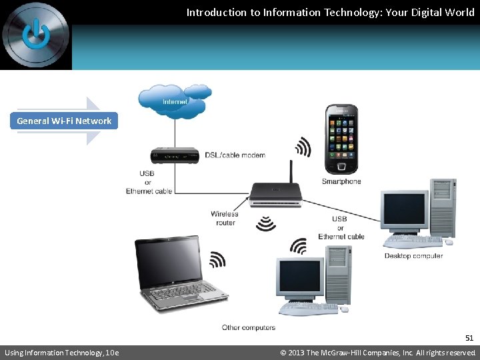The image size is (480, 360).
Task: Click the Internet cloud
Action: click(175, 100)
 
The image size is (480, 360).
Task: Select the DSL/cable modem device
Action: click(175, 155)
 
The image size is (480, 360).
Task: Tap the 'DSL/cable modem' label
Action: click(235, 155)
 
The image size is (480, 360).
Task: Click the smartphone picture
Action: click(341, 139)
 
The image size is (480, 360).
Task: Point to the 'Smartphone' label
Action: click(341, 181)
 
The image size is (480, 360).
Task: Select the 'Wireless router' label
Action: click(225, 218)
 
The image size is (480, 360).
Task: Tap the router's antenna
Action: click(291, 171)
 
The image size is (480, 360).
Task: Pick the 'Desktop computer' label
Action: click(413, 256)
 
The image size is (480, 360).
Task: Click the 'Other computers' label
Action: click(249, 327)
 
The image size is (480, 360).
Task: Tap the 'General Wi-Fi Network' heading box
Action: click(64, 121)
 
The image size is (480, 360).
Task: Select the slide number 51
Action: click(469, 338)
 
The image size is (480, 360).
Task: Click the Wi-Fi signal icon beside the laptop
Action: click(217, 259)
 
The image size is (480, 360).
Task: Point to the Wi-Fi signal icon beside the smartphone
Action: click(303, 147)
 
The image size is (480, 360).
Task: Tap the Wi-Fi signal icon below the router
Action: click(266, 223)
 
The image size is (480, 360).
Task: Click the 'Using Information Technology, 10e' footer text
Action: click(62, 353)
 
